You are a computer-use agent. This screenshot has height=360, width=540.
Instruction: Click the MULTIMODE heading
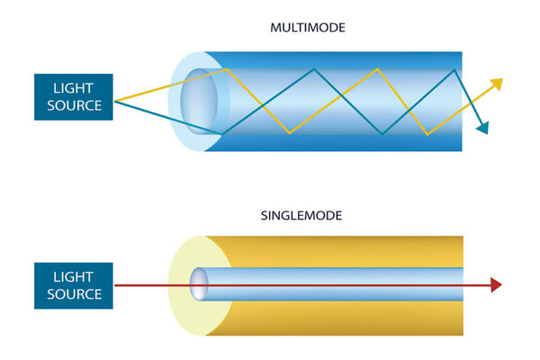click(308, 28)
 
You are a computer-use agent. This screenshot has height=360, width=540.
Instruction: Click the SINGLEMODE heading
click(308, 216)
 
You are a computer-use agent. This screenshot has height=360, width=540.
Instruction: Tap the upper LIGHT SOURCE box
click(74, 97)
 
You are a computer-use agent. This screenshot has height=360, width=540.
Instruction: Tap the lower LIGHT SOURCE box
click(74, 285)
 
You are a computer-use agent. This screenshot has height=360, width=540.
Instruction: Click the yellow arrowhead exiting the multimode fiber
click(496, 84)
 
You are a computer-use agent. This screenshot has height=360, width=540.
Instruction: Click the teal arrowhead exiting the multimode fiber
click(483, 128)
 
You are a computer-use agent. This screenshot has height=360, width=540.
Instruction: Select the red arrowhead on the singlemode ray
click(495, 285)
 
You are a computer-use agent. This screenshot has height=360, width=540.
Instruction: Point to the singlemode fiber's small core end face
click(199, 285)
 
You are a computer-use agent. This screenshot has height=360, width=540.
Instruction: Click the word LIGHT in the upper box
click(74, 89)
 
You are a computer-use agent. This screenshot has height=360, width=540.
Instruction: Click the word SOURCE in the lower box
click(74, 294)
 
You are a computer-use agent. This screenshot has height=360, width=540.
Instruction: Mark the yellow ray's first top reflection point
click(228, 68)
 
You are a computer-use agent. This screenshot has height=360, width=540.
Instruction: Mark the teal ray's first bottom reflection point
click(221, 134)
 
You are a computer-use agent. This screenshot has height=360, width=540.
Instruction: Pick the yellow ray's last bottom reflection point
click(426, 134)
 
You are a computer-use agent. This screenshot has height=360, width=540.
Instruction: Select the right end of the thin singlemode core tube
click(462, 285)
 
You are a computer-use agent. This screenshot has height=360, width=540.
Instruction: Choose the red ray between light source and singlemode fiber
click(144, 285)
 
